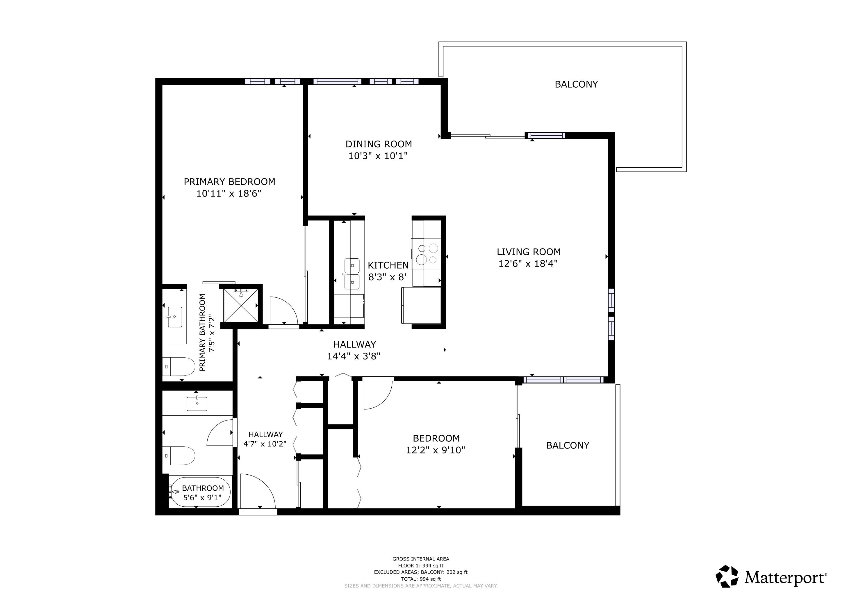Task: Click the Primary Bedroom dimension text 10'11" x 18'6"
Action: click(229, 194)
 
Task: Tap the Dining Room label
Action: click(379, 144)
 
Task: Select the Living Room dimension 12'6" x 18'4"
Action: click(528, 263)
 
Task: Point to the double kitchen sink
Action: click(352, 274)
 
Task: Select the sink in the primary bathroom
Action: click(174, 317)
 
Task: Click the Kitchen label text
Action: click(388, 265)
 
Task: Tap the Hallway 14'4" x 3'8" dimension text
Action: click(354, 356)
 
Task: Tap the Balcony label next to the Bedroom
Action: click(567, 446)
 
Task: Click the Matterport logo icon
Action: click(727, 576)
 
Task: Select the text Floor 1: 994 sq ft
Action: click(421, 565)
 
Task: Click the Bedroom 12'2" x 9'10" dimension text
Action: click(435, 450)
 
